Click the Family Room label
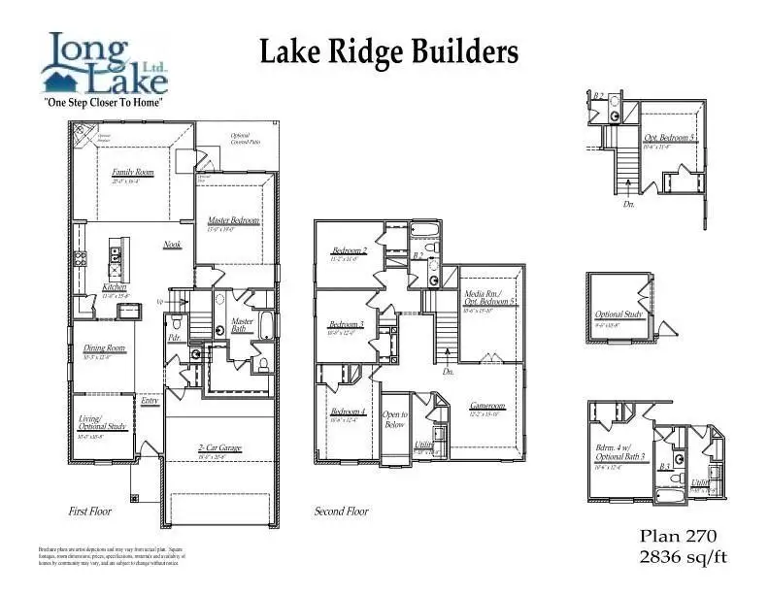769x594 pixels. (133, 173)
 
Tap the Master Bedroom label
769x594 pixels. (234, 221)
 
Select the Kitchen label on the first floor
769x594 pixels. (115, 287)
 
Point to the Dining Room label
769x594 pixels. (104, 348)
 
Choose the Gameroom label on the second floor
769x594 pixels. (487, 406)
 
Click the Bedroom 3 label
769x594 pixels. (346, 324)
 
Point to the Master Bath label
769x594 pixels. (242, 325)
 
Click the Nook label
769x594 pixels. (172, 245)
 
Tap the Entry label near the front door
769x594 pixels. (150, 400)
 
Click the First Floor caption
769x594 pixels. (90, 511)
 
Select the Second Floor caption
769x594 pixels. (342, 511)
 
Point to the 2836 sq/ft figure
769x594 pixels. (683, 556)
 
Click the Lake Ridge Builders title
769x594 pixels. (388, 52)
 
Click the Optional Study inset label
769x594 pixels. (619, 315)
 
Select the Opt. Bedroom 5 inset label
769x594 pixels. (669, 138)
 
